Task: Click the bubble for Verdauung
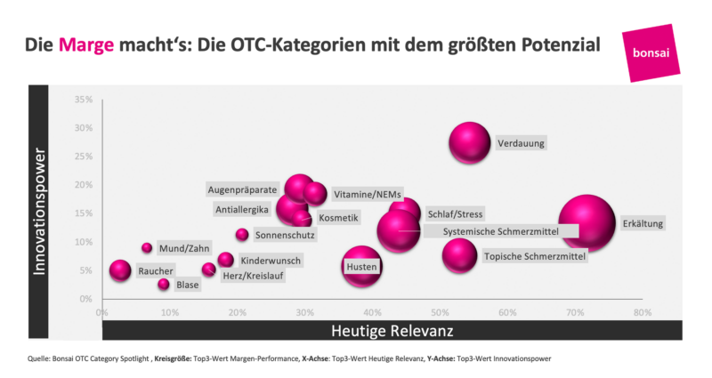pyautogui.click(x=470, y=141)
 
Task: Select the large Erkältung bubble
pyautogui.click(x=587, y=223)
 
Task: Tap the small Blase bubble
pyautogui.click(x=164, y=285)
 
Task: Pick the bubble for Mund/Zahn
pyautogui.click(x=147, y=248)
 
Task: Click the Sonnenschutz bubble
pyautogui.click(x=242, y=235)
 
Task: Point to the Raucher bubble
pyautogui.click(x=120, y=270)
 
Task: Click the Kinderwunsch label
pyautogui.click(x=271, y=261)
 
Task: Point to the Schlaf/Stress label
pyautogui.click(x=455, y=214)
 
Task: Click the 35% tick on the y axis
pyautogui.click(x=83, y=100)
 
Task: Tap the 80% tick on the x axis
pyautogui.click(x=642, y=313)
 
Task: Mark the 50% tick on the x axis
pyautogui.click(x=439, y=313)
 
